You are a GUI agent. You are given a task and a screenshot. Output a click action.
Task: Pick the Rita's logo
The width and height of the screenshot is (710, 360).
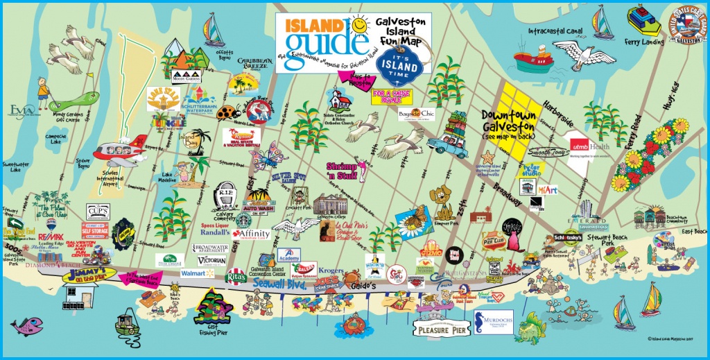(236, 276)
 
